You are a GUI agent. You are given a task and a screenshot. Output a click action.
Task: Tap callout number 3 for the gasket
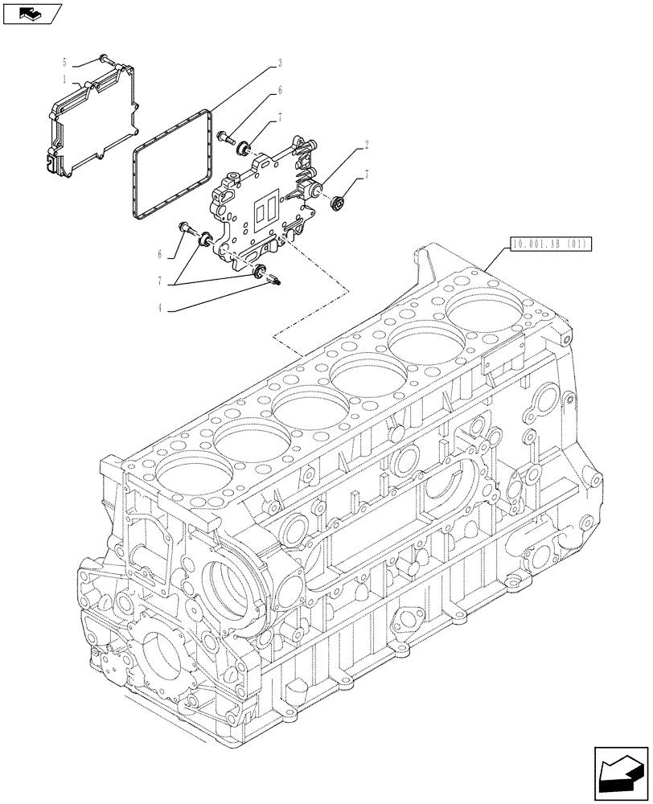(x=279, y=62)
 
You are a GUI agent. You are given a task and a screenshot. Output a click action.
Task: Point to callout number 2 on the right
(x=367, y=146)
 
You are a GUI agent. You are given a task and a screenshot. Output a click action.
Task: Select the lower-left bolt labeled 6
(x=188, y=232)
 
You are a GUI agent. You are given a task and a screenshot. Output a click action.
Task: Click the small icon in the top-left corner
(x=32, y=12)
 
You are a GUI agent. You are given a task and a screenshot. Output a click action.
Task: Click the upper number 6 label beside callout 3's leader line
(x=279, y=91)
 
